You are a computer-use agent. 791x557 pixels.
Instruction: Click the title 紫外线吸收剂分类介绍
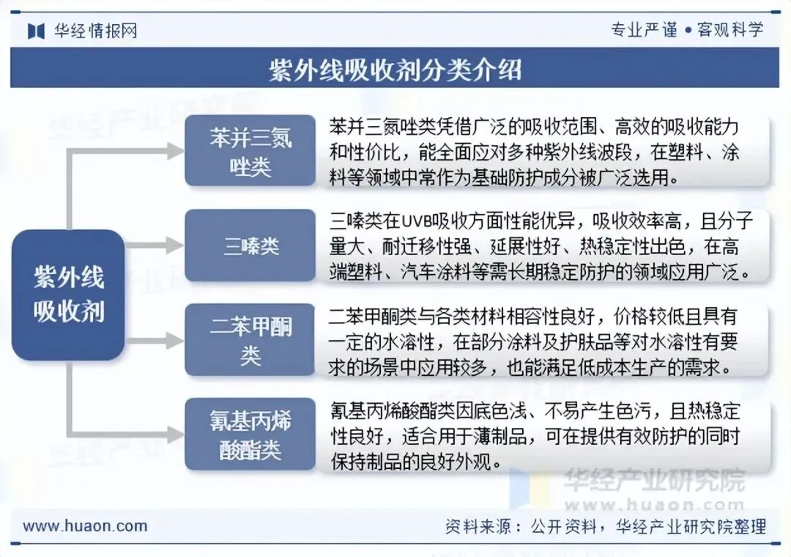coord(395,70)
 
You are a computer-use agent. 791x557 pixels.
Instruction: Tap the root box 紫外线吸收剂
coord(68,295)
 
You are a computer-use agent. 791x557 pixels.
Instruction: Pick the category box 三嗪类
coord(250,246)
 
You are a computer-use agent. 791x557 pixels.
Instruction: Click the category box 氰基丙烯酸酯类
coord(250,435)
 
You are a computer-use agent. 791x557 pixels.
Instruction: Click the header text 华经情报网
coord(95,31)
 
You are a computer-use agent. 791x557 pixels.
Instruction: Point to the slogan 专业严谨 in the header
coord(644,30)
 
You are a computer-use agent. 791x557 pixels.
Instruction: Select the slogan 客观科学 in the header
coord(729,30)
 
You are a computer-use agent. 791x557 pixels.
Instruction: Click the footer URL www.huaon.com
coord(85,525)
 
